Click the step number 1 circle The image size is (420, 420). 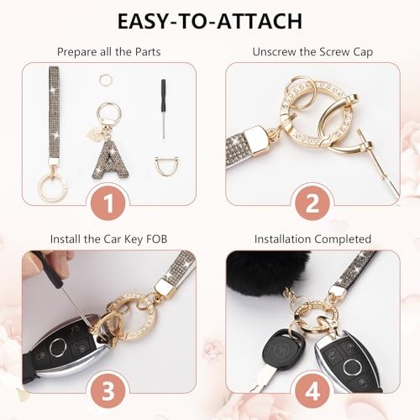coord(109,202)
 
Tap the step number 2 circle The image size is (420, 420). coord(312,202)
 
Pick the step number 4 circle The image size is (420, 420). coord(312,390)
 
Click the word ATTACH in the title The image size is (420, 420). coord(260,21)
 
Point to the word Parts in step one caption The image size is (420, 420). coord(148,52)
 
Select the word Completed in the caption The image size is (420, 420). coord(343,239)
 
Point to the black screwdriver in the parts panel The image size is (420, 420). coord(163,109)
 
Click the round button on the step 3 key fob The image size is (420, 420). coord(57,348)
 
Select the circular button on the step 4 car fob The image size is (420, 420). coord(351,367)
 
